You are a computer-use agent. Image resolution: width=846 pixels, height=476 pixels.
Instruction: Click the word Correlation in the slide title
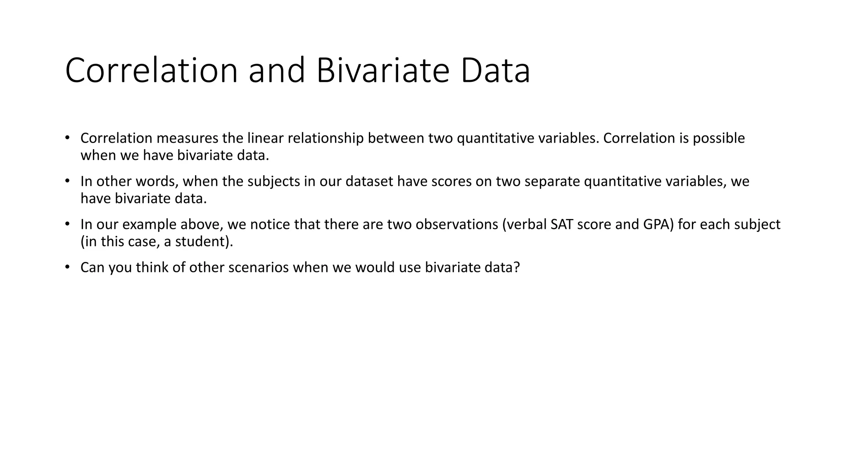[x=151, y=70]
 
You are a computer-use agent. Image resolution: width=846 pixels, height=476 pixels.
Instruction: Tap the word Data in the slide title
[x=495, y=70]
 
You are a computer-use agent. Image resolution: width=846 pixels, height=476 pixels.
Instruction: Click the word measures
[x=187, y=138]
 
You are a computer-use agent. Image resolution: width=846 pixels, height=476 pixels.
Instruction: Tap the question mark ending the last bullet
[x=516, y=268]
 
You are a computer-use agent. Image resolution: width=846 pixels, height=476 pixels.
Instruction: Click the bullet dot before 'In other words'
[x=67, y=181]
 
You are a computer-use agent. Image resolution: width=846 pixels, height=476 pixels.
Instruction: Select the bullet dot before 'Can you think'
[x=67, y=267]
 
